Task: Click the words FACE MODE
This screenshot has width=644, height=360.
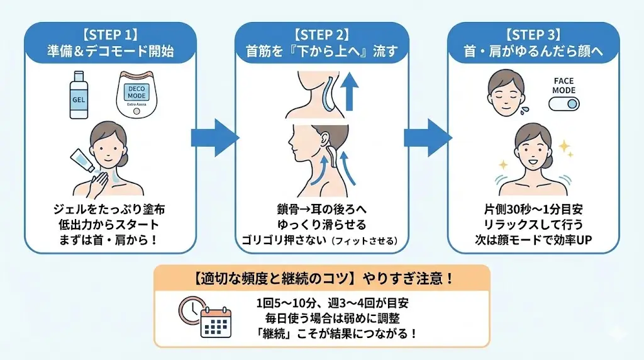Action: (x=563, y=86)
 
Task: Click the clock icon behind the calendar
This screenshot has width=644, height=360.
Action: (x=192, y=308)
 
